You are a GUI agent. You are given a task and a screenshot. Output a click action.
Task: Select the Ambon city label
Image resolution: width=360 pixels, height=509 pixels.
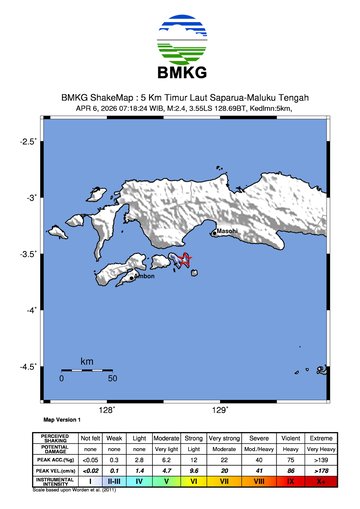click(143, 275)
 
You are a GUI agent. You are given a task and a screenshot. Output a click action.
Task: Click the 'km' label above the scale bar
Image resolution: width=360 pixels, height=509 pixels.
click(87, 361)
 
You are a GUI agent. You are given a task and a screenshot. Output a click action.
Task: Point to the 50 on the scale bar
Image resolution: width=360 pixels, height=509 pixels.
click(112, 379)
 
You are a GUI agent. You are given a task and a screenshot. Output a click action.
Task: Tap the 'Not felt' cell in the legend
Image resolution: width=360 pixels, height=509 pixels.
click(91, 437)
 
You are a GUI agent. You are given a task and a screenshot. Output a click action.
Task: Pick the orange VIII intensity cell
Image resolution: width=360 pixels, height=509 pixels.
click(260, 481)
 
